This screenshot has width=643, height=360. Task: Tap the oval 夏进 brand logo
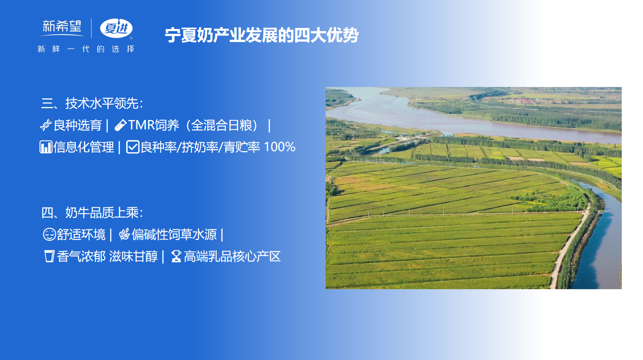pyautogui.click(x=116, y=28)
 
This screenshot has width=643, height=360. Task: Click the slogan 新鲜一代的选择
pyautogui.click(x=86, y=49)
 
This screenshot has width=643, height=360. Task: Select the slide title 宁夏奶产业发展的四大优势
pyautogui.click(x=262, y=35)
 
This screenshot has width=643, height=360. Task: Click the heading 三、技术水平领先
pyautogui.click(x=92, y=103)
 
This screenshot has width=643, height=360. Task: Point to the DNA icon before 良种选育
pyautogui.click(x=46, y=125)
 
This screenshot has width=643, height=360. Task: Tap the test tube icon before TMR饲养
pyautogui.click(x=121, y=125)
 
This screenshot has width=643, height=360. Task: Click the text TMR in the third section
pyautogui.click(x=141, y=125)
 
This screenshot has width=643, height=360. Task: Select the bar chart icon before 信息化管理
pyautogui.click(x=46, y=147)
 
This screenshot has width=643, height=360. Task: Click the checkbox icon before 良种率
pyautogui.click(x=133, y=147)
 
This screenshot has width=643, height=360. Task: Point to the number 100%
pyautogui.click(x=279, y=147)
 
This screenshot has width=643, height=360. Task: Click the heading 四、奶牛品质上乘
pyautogui.click(x=92, y=213)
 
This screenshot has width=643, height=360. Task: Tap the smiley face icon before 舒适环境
pyautogui.click(x=49, y=234)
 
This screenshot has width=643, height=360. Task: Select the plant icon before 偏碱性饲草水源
pyautogui.click(x=125, y=234)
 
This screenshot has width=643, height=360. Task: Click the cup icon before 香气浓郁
pyautogui.click(x=49, y=257)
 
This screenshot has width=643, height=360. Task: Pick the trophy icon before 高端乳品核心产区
pyautogui.click(x=176, y=257)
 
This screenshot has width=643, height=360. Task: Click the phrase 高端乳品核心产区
pyautogui.click(x=232, y=257)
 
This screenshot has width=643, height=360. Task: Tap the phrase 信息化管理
pyautogui.click(x=84, y=147)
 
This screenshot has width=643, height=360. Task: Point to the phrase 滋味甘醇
pyautogui.click(x=133, y=257)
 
